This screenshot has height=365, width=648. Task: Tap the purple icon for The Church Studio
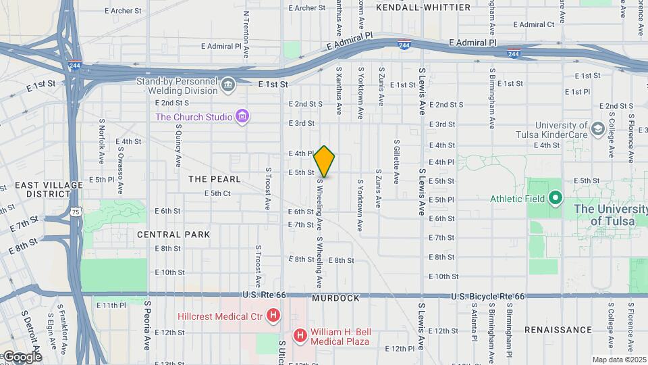coord(242,117)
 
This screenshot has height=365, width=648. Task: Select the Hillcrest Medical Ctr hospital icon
coord(273,316)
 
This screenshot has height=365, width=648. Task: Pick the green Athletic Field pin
coord(555,198)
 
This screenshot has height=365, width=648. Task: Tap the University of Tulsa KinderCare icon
coord(597,128)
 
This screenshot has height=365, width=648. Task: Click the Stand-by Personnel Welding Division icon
coord(228,84)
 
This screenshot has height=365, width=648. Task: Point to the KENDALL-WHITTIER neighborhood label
coord(423,7)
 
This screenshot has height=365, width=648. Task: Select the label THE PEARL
coord(214,179)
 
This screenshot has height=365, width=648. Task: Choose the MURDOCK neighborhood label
coord(335,298)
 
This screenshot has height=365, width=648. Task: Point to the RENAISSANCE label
coord(558,330)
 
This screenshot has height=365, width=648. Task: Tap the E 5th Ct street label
coord(217,193)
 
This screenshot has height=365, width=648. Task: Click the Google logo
coord(22,356)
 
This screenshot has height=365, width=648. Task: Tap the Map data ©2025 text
coord(618,360)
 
